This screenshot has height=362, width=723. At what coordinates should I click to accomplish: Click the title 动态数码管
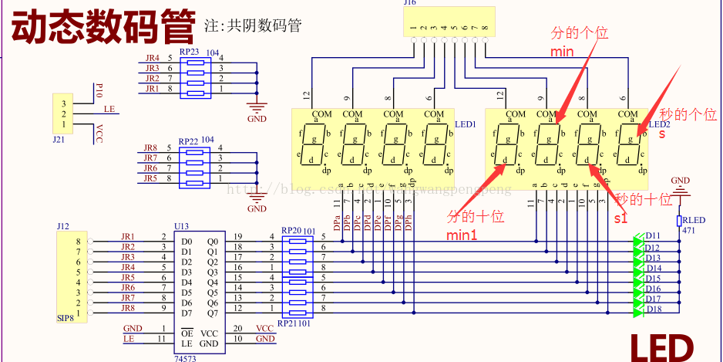coord(103,26)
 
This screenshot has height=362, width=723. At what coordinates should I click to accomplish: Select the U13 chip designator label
coord(182,226)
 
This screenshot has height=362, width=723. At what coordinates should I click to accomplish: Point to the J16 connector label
coord(409,3)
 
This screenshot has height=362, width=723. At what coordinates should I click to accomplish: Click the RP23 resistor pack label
coord(189,51)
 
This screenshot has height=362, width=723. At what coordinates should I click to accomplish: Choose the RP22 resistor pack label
coord(189,141)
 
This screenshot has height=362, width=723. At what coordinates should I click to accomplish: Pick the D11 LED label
coord(652,235)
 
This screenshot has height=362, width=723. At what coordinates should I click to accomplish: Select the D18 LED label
coord(652,310)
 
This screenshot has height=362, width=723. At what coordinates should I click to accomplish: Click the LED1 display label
coord(466,124)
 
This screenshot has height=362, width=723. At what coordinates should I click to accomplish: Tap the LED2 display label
coord(660,124)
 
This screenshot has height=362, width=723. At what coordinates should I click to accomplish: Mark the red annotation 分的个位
coord(579,33)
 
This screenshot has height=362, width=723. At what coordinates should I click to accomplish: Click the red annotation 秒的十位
coord(644,198)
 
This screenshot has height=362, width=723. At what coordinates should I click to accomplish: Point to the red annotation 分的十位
coord(476,216)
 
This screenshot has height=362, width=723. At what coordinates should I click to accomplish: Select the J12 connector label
coord(62,226)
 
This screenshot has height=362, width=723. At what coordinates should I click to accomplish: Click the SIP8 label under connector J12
coord(66,318)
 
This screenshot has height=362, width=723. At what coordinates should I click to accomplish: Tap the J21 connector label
coord(59,140)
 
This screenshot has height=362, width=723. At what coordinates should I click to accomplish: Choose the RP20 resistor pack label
coord(291,230)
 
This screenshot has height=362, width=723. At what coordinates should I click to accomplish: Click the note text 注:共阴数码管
coord(253,25)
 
